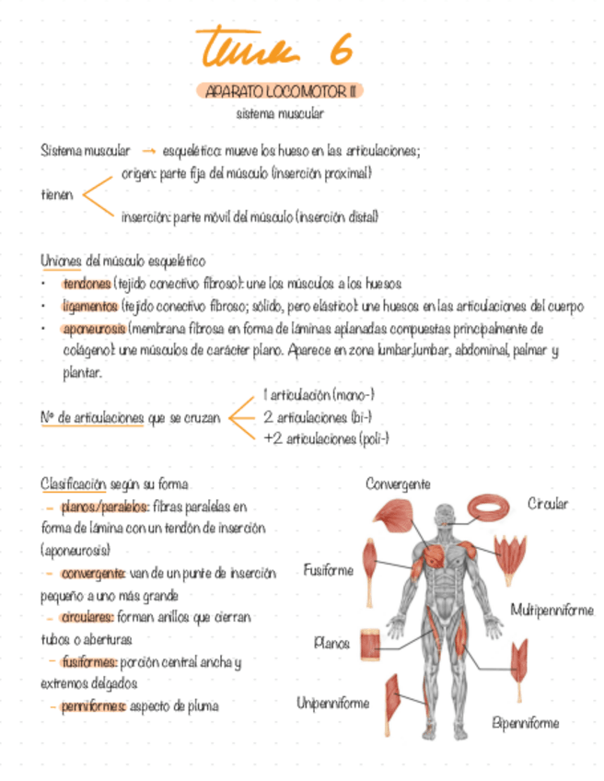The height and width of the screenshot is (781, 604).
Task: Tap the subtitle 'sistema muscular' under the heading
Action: pyautogui.click(x=280, y=114)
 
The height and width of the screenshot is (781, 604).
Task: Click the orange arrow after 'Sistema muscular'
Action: pyautogui.click(x=149, y=151)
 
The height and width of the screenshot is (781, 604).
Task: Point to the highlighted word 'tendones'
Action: pyautogui.click(x=87, y=284)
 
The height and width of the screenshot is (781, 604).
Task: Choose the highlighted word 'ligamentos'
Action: pyautogui.click(x=90, y=306)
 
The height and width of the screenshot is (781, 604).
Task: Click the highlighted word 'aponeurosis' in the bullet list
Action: pyautogui.click(x=94, y=328)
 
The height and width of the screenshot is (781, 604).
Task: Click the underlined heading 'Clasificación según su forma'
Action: pyautogui.click(x=115, y=484)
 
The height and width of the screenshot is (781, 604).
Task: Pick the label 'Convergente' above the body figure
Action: pyautogui.click(x=398, y=484)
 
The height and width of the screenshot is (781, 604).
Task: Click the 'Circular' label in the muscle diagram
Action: pyautogui.click(x=548, y=504)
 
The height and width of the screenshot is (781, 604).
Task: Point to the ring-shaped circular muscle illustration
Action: pyautogui.click(x=494, y=507)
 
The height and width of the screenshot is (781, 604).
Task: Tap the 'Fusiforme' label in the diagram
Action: pyautogui.click(x=328, y=570)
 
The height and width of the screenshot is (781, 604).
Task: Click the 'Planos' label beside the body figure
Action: pyautogui.click(x=331, y=643)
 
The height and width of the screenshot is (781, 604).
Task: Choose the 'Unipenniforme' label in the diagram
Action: pyautogui.click(x=332, y=703)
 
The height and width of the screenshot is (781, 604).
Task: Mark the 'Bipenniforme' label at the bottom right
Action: pyautogui.click(x=525, y=723)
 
